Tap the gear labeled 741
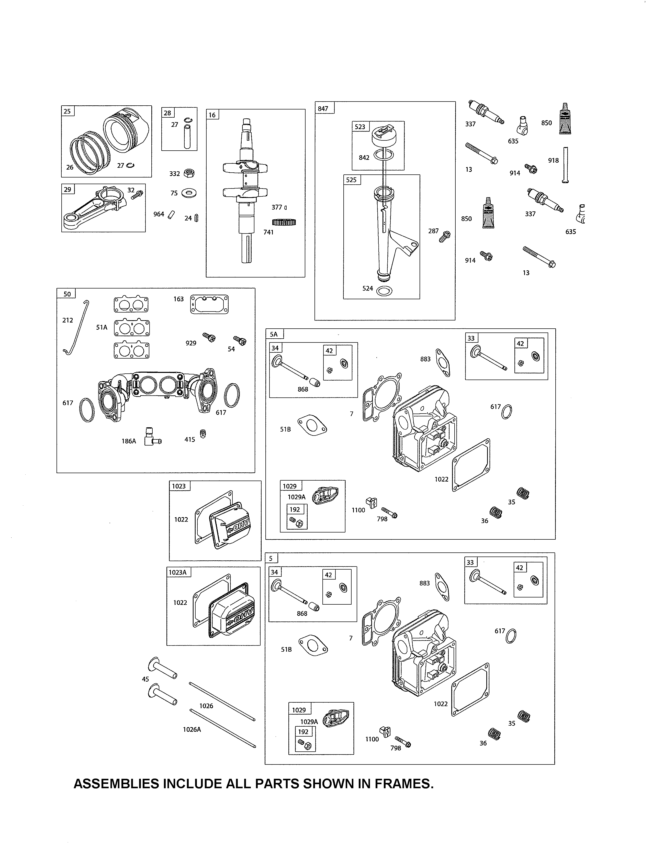pyautogui.click(x=284, y=223)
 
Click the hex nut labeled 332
pyautogui.click(x=189, y=173)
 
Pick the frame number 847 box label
pyautogui.click(x=323, y=109)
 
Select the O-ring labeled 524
pyautogui.click(x=384, y=291)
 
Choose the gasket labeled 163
pyautogui.click(x=209, y=305)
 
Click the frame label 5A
pyautogui.click(x=274, y=334)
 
